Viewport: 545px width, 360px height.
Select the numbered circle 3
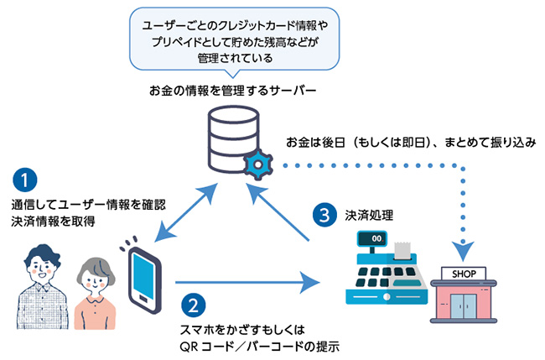pos(324,214)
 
